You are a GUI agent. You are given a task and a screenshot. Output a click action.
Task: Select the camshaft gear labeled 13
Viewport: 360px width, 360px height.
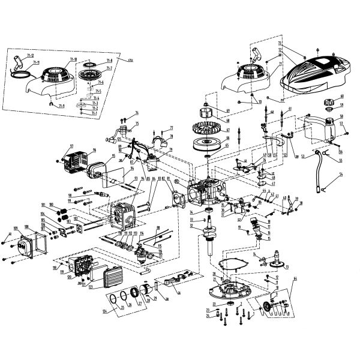(279, 262)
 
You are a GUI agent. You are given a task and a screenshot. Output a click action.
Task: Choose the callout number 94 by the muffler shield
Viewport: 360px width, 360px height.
(133, 169)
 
